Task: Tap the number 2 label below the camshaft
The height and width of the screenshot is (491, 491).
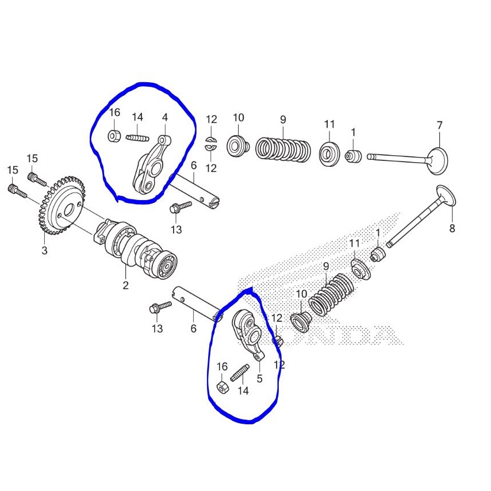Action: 125,285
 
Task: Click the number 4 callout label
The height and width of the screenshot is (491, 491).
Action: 165,118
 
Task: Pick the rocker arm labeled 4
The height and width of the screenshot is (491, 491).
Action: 151,167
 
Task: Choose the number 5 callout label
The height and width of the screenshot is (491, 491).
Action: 259,379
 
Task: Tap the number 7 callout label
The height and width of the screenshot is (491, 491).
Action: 439,125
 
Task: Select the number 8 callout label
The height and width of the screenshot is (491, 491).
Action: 452,228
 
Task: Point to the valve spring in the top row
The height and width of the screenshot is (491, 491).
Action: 283,149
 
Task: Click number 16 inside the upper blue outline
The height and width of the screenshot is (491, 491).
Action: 114,112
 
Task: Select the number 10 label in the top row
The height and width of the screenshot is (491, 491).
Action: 238,118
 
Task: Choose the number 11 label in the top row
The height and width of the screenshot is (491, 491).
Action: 329,124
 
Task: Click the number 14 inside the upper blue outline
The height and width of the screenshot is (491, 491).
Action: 137,117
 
